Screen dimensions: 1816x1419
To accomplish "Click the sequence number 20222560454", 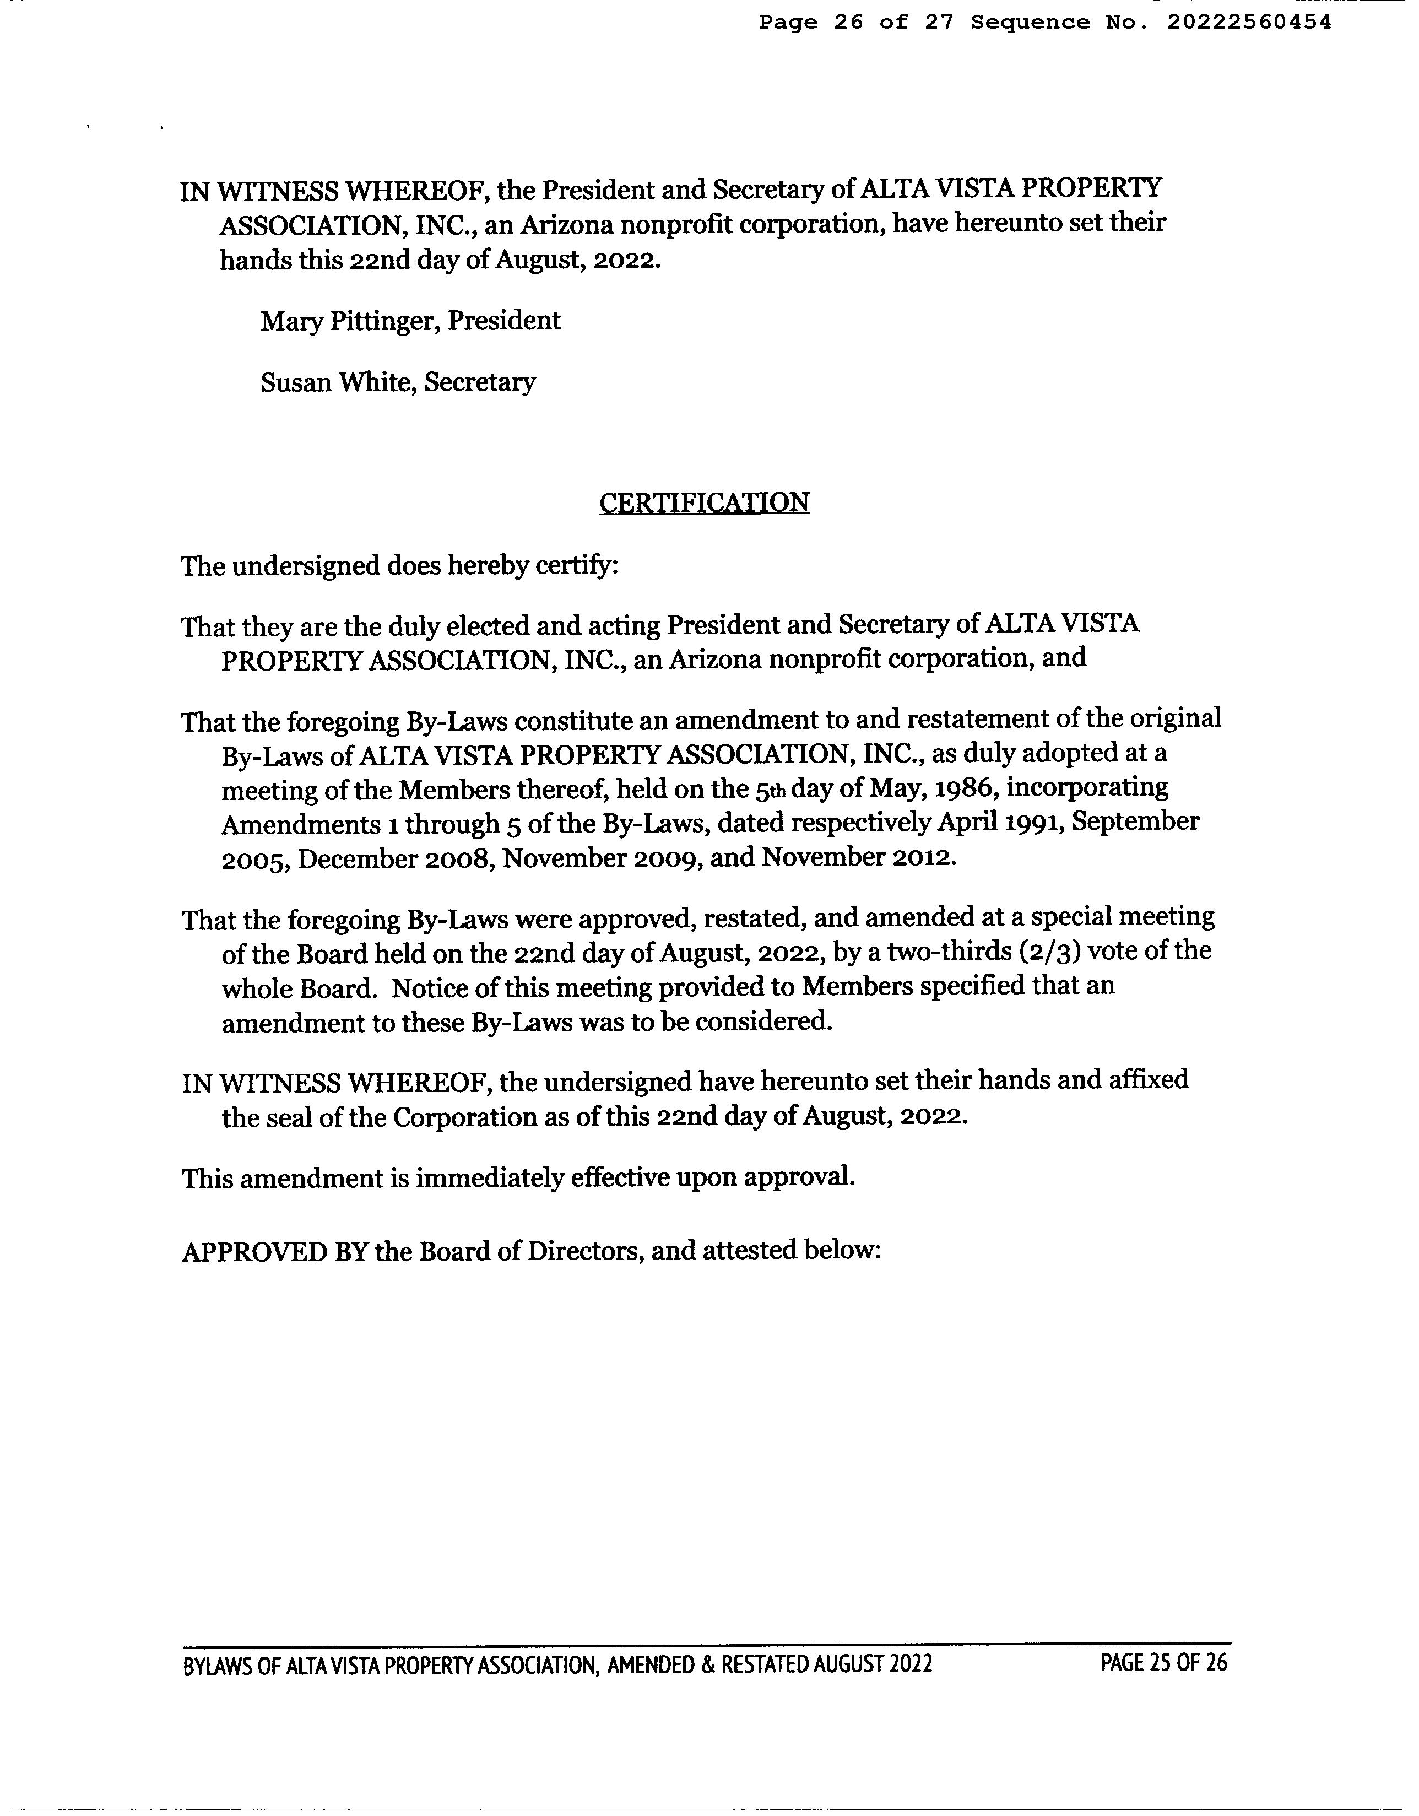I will point(1249,23).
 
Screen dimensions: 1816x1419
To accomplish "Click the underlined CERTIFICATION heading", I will point(704,503).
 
